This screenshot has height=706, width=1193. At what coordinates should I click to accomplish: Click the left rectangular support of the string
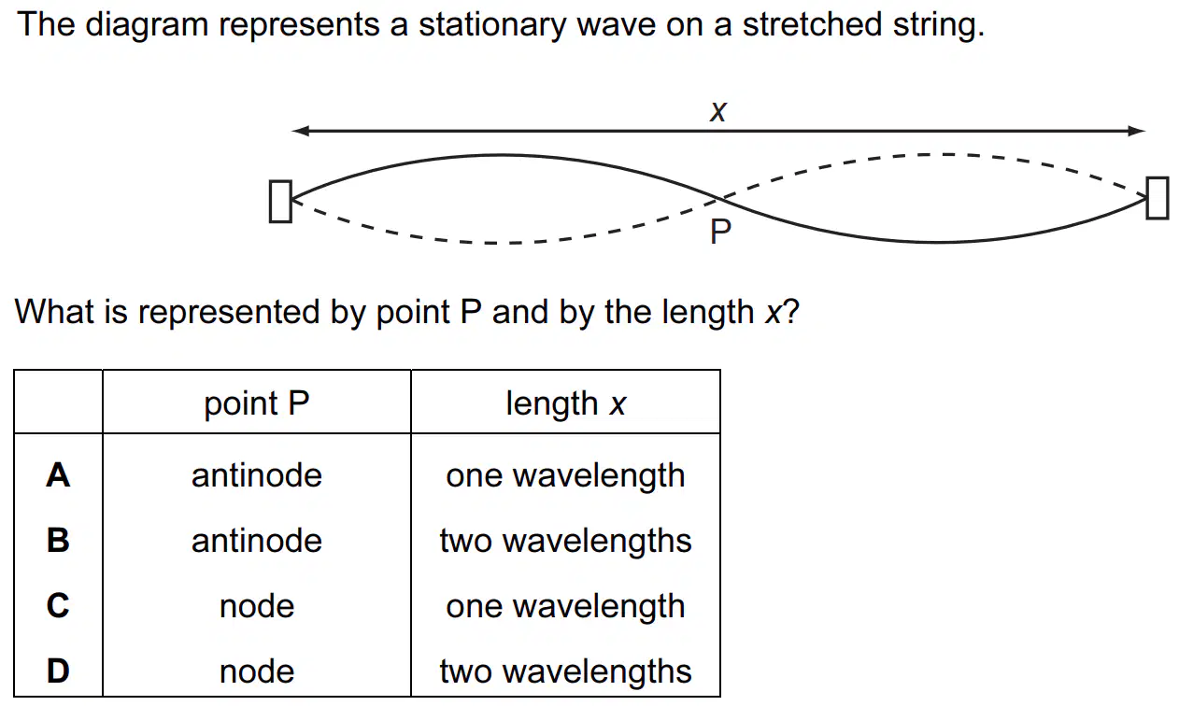tap(280, 202)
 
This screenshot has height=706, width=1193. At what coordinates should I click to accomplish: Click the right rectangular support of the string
tap(1157, 198)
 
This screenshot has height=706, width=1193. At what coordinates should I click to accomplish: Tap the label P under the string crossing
tap(720, 232)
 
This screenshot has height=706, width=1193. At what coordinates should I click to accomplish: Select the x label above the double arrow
tap(717, 112)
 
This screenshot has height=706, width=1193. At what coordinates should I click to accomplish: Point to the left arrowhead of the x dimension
tap(301, 131)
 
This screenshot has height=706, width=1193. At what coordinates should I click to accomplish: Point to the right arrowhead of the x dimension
tap(1137, 131)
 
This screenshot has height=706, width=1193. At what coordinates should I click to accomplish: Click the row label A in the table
tap(58, 475)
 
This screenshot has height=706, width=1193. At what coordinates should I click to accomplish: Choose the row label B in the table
tap(58, 541)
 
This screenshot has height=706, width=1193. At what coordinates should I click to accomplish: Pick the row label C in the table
tap(58, 606)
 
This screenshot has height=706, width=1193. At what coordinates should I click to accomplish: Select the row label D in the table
tap(58, 671)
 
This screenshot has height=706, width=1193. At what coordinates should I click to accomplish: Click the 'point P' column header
tap(257, 403)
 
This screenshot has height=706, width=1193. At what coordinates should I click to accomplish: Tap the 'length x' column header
tap(565, 403)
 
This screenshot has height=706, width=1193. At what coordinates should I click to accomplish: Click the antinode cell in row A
tap(257, 475)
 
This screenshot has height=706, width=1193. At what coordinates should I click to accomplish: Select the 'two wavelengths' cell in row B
tap(565, 541)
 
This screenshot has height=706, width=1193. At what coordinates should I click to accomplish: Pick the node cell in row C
tap(257, 606)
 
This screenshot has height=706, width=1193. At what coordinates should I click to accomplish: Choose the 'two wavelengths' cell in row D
tap(565, 671)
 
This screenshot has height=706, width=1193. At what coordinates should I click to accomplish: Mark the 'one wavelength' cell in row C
tap(565, 606)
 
